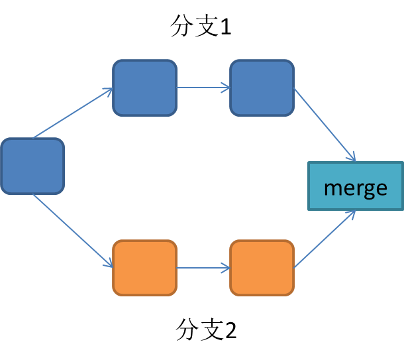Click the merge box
pyautogui.click(x=356, y=186)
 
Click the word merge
pyautogui.click(x=356, y=188)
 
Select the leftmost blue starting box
pyautogui.click(x=32, y=166)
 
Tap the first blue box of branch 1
pyautogui.click(x=145, y=88)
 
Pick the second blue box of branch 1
pyautogui.click(x=262, y=88)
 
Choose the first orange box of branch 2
pyautogui.click(x=145, y=268)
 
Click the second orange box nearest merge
pyautogui.click(x=262, y=268)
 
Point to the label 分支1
pyautogui.click(x=201, y=27)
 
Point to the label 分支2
pyautogui.click(x=206, y=329)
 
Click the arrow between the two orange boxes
pyautogui.click(x=203, y=269)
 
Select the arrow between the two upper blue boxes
pyautogui.click(x=203, y=88)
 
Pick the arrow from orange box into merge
pyautogui.click(x=325, y=239)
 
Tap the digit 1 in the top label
pyautogui.click(x=225, y=27)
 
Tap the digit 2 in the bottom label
pyautogui.click(x=230, y=330)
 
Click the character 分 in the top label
pyautogui.click(x=181, y=27)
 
